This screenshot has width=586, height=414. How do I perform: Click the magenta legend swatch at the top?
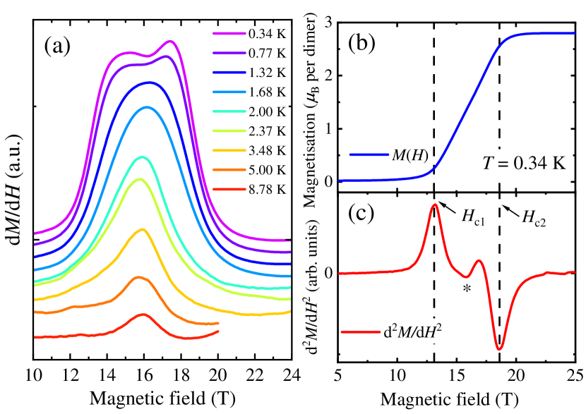click(229, 33)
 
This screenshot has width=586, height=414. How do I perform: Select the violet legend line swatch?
click(229, 53)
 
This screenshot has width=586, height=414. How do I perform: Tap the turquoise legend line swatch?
click(229, 111)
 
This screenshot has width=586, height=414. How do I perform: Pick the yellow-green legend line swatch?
click(229, 131)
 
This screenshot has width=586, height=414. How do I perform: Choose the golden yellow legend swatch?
click(229, 150)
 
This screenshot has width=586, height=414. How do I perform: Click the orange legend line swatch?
click(229, 170)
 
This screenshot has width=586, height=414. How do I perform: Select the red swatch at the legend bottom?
click(229, 189)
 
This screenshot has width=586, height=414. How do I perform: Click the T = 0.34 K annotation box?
click(523, 164)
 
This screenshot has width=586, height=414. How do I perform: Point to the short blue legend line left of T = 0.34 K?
click(369, 154)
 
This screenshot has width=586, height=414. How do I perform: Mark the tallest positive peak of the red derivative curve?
click(435, 205)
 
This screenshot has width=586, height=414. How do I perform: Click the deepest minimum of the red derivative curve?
click(499, 348)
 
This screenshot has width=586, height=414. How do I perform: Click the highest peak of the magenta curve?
click(171, 41)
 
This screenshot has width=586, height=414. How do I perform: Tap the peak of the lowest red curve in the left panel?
click(143, 314)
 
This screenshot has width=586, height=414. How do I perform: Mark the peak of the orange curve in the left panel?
click(141, 276)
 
